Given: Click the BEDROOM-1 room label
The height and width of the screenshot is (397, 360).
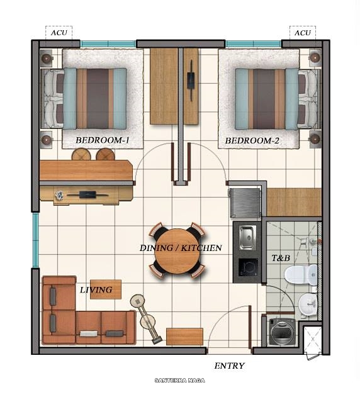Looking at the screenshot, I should pos(102,140).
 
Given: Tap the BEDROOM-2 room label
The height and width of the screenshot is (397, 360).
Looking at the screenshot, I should pos(252,140).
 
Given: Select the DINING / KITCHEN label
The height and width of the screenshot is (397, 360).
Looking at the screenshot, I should pos(181,248).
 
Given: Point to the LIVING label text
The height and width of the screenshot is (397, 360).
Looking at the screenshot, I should pos(96,290).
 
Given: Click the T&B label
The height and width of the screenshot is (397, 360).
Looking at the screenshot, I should pos(279,258).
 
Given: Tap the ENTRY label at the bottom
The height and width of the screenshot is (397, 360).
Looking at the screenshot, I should pos(229,366).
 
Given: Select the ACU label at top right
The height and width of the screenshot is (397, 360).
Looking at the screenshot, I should pos(303,33).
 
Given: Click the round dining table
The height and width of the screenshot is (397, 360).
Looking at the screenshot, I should pos(177,250).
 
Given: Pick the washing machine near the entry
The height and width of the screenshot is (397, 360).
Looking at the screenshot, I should pos(282,330).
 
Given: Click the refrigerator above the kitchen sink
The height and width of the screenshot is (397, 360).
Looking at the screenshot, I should pos(245,201).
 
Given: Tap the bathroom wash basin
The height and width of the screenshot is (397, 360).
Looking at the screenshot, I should pos(308,305).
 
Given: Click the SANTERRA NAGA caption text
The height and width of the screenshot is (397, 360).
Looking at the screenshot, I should pos(179,380).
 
